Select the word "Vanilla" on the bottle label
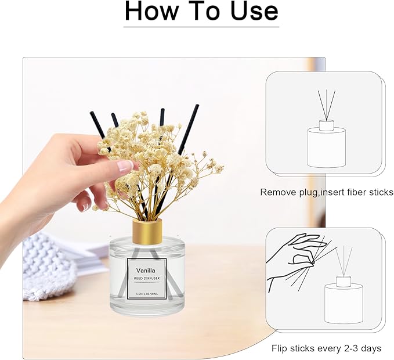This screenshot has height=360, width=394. pos(146,270)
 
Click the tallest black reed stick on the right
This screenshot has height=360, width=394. pos(189,128)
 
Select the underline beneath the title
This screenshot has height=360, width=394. pos(201,26)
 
